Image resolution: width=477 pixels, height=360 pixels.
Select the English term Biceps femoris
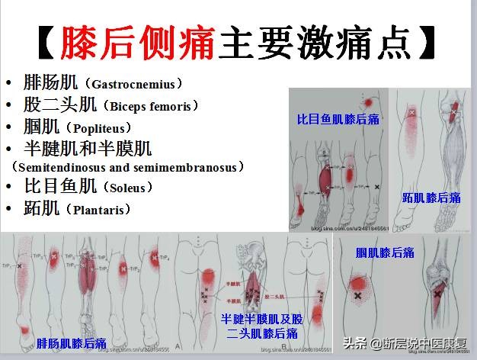click(x=151, y=105)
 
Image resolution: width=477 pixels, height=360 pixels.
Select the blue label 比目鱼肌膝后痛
click(x=338, y=119)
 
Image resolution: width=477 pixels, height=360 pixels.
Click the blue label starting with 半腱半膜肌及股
click(x=261, y=318)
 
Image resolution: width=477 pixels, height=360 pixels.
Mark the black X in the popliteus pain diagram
click(x=357, y=294)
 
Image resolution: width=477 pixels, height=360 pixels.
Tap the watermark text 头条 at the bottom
click(x=354, y=342)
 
